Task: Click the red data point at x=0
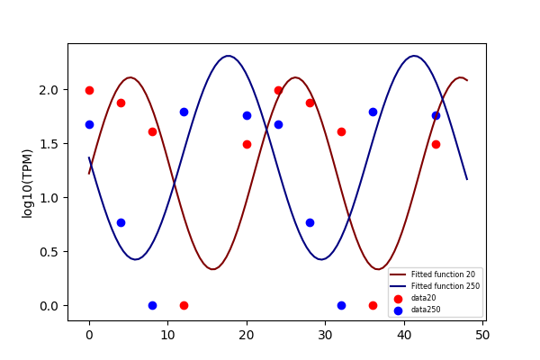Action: [x=89, y=91]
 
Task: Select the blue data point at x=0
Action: [x=89, y=125]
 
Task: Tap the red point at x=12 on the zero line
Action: [x=184, y=306]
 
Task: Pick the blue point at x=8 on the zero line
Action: [x=153, y=306]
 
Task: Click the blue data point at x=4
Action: [x=121, y=223]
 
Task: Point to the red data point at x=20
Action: [x=247, y=144]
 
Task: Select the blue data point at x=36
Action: [x=373, y=112]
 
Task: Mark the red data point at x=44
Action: [x=436, y=144]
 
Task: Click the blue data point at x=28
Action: [x=310, y=223]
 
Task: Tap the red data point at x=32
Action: [x=341, y=132]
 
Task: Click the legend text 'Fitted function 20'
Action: [x=443, y=274]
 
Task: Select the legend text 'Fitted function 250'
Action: [x=445, y=286]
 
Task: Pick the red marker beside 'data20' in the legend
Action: [x=398, y=299]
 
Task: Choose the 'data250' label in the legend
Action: [x=426, y=310]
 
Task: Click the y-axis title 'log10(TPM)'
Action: [x=27, y=184]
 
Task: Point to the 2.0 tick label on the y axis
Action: [x=48, y=90]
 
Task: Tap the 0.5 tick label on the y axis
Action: [x=48, y=252]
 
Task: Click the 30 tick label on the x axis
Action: [x=326, y=335]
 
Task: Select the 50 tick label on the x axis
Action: [x=482, y=335]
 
